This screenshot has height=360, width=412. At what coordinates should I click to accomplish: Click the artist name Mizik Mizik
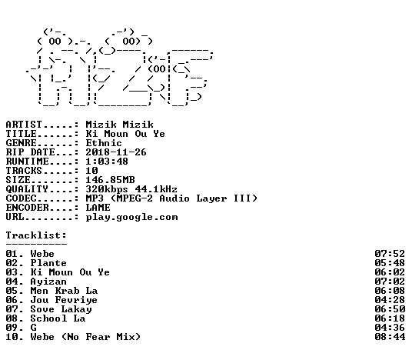tap(120, 125)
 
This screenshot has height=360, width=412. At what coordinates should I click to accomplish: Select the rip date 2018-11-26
tap(116, 152)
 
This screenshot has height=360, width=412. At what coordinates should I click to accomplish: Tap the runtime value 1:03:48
tap(107, 162)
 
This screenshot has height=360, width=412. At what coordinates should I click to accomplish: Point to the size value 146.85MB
tap(111, 180)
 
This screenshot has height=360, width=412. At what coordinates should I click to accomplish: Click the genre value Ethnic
tap(104, 143)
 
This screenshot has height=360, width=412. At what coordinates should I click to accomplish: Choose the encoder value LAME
tap(98, 208)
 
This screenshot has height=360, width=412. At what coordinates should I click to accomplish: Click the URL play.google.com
tap(132, 218)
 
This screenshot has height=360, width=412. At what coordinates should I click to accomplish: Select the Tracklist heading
tap(36, 235)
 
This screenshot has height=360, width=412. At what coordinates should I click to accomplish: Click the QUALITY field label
tap(27, 189)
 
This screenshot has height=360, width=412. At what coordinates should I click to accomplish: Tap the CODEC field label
tap(21, 198)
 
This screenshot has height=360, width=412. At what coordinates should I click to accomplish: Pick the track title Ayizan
tap(48, 282)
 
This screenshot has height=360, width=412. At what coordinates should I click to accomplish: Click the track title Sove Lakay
tap(61, 309)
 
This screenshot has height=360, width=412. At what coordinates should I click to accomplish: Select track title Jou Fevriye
tap(64, 300)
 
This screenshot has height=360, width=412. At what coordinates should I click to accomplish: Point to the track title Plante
tap(48, 263)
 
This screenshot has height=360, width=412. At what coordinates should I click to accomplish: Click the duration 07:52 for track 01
tap(390, 254)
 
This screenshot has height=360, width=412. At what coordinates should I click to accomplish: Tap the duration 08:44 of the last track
tap(390, 337)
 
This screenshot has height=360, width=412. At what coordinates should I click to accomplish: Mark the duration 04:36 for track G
tap(390, 328)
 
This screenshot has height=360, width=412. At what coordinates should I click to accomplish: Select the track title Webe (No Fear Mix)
tap(85, 337)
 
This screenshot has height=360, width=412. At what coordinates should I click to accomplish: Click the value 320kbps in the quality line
tap(107, 189)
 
